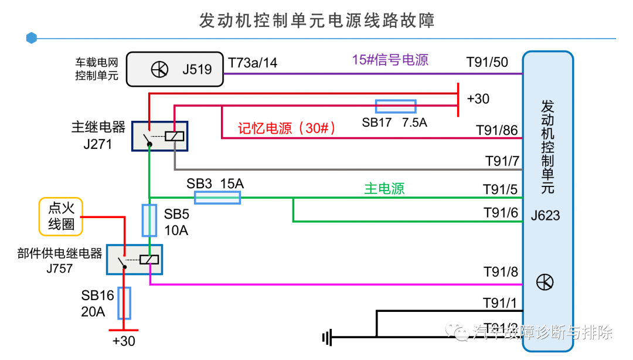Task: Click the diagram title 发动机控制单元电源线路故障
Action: [316, 21]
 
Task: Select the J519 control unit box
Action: [176, 69]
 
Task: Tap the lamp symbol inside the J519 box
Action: [159, 70]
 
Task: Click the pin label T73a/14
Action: [253, 63]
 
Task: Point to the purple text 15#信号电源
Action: [390, 60]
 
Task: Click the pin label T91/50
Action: [487, 63]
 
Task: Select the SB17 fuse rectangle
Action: [396, 106]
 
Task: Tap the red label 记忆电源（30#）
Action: [287, 129]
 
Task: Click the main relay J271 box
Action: [159, 137]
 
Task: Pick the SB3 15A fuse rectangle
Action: [217, 198]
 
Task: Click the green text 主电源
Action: [384, 189]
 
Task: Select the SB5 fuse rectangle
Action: [149, 220]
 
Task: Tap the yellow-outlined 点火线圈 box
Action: [60, 216]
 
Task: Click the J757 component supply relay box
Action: [134, 260]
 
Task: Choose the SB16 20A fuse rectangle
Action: [124, 303]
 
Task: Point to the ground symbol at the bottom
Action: [326, 337]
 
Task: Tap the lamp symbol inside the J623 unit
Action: [544, 283]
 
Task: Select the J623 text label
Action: [545, 215]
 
